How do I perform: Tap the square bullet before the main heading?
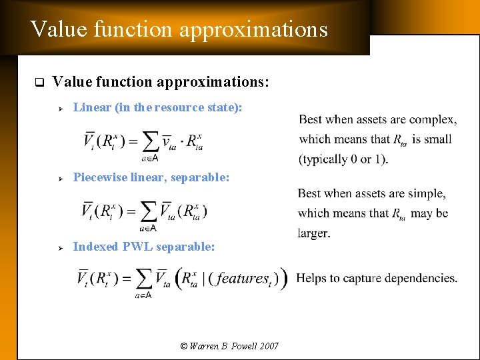(39, 83)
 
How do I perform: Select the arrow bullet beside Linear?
(59, 107)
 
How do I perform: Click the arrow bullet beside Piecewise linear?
(59, 179)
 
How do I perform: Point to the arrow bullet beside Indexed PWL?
(59, 248)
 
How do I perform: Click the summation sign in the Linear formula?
(151, 141)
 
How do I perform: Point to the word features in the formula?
(243, 278)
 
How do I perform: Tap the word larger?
(314, 233)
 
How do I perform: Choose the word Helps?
(311, 277)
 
